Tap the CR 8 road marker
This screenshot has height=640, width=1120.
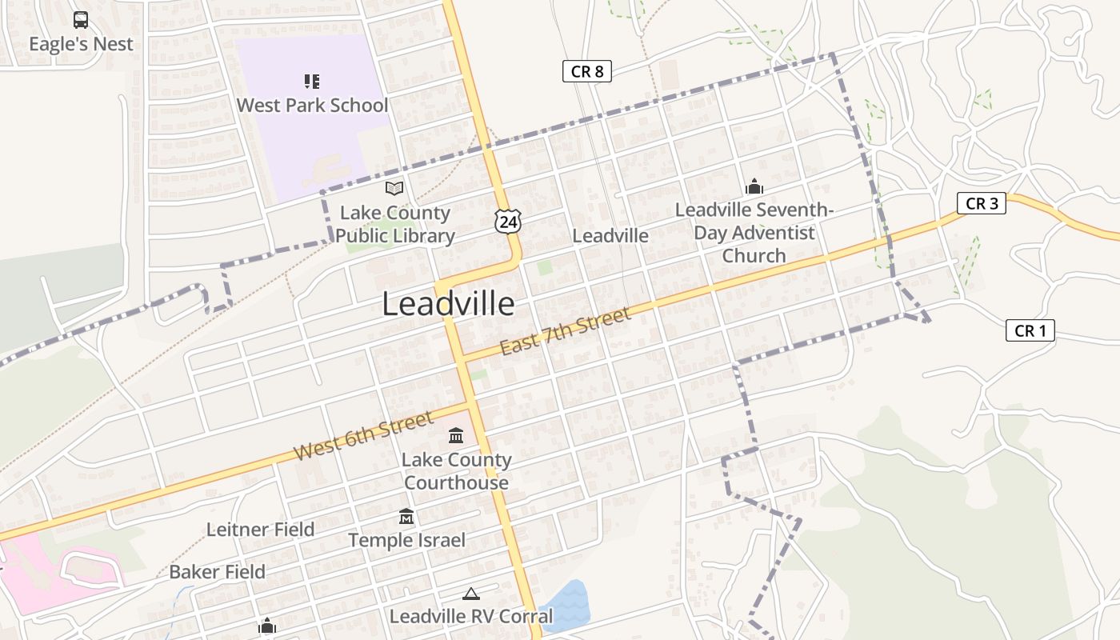[586, 71]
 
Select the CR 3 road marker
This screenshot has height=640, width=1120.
[981, 203]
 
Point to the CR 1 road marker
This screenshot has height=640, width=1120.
[1030, 330]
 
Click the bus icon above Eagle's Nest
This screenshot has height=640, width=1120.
[81, 20]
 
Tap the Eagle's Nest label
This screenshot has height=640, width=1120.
[81, 44]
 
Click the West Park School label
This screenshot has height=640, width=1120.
[312, 105]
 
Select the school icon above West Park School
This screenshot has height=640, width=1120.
[312, 81]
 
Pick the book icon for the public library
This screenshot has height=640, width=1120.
[394, 189]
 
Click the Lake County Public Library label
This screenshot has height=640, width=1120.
[394, 224]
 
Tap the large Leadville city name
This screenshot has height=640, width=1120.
[448, 304]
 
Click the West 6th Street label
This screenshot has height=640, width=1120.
[363, 435]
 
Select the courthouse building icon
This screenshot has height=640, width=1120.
[456, 436]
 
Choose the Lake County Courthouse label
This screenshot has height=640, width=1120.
[456, 471]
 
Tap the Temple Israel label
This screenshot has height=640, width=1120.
[406, 540]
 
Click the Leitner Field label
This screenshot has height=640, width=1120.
[260, 529]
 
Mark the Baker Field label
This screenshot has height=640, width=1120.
[217, 572]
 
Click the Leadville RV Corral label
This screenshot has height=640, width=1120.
[470, 616]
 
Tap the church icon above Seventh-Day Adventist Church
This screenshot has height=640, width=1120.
[754, 187]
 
